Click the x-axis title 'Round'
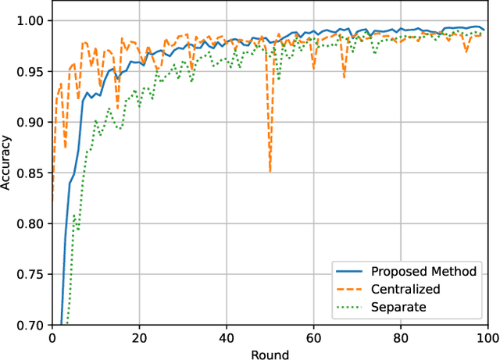[270, 354]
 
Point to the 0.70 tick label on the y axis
[32, 325]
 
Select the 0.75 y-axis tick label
[32, 274]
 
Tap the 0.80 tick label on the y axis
[32, 223]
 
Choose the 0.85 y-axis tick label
[32, 173]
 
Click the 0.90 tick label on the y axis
[32, 122]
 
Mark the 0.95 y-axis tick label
[32, 71]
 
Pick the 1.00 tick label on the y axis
[32, 20]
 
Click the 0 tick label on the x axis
[52, 338]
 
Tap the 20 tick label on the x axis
[139, 338]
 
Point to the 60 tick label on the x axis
[313, 338]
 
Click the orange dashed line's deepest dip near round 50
[270, 171]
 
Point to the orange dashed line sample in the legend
[350, 289]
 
